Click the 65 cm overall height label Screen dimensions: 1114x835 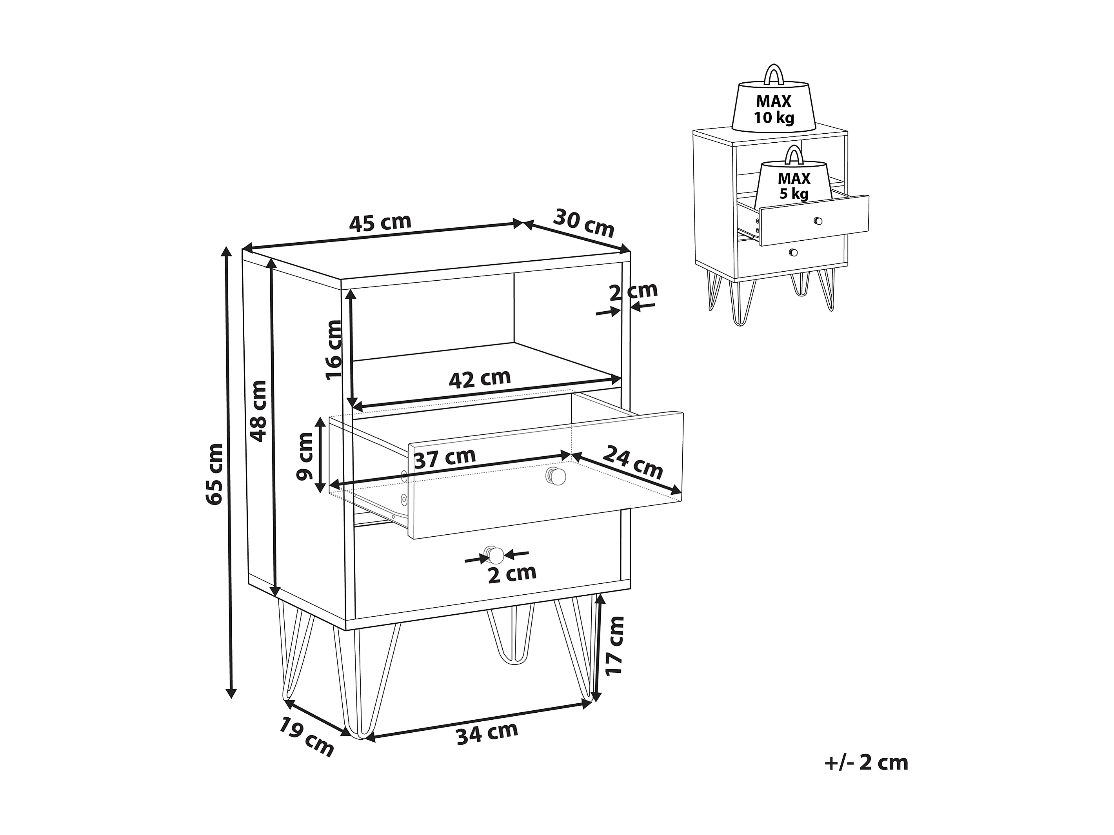(x=215, y=474)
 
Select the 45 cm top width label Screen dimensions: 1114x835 (x=380, y=223)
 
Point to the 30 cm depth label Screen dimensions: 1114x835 (x=584, y=223)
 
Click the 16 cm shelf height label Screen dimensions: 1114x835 (x=333, y=350)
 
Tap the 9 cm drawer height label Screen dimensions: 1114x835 (x=305, y=456)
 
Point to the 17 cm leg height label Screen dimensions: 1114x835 (x=614, y=645)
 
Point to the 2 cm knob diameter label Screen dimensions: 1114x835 (x=512, y=574)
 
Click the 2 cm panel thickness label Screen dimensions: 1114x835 (x=633, y=292)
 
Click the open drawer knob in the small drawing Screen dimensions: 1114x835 (x=818, y=221)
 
